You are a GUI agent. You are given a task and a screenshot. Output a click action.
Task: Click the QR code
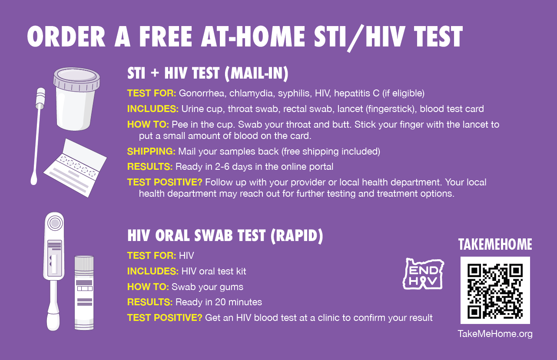(x=495, y=291)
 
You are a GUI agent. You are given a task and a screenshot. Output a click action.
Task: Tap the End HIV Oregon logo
(x=423, y=274)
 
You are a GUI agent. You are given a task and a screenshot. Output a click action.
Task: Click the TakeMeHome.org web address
(x=495, y=334)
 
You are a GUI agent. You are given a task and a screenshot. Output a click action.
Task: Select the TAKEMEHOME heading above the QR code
(x=495, y=244)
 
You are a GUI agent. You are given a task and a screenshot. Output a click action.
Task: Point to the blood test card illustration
(x=75, y=168)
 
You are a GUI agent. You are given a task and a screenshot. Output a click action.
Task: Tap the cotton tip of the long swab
(x=34, y=178)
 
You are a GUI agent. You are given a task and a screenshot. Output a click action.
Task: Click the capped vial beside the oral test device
(x=84, y=293)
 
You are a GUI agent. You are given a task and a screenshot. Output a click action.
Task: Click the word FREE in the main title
(x=166, y=36)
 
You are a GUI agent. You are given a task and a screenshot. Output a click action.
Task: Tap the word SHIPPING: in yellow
(x=152, y=151)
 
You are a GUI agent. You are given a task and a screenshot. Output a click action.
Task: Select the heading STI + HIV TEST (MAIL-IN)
(x=208, y=73)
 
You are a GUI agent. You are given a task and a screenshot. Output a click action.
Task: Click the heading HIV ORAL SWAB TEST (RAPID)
(x=225, y=235)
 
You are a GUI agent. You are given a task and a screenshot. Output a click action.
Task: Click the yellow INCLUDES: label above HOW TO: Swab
(x=153, y=271)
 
